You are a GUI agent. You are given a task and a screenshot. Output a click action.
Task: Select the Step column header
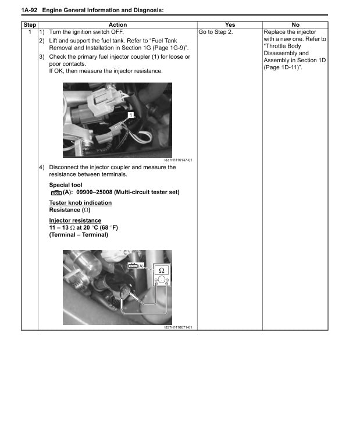tap(29, 24)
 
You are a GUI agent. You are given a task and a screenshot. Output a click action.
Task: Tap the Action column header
tap(117, 24)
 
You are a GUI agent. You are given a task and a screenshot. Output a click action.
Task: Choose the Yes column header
tap(230, 24)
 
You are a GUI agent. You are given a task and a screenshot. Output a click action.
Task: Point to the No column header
tap(295, 24)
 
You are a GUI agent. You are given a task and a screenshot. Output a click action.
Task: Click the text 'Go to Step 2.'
tap(216, 31)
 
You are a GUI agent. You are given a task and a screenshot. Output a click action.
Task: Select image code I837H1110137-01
tap(178, 160)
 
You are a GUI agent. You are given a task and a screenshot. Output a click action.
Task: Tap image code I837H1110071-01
tap(178, 327)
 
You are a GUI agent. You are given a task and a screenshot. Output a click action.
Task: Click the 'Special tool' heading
tap(66, 185)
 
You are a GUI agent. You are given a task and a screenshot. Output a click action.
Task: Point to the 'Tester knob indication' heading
tap(80, 203)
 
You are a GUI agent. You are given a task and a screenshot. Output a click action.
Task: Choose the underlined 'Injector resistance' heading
tap(75, 220)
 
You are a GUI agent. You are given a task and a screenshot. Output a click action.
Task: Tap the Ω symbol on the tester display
tap(161, 270)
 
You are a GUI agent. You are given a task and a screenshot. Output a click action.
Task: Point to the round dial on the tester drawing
tap(161, 280)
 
